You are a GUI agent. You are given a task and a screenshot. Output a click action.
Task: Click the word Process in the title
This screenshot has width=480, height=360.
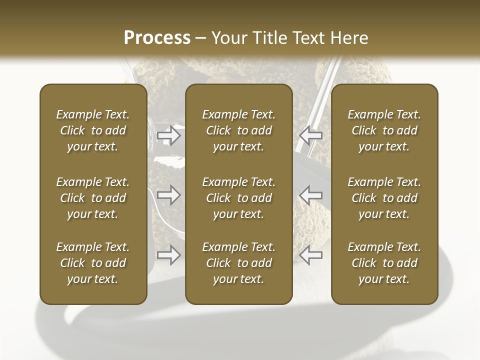[x=157, y=37]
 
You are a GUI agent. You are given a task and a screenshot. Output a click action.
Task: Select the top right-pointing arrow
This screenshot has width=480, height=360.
[x=168, y=135]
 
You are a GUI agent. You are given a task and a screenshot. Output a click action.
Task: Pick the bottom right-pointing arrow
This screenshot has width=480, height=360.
[x=168, y=255]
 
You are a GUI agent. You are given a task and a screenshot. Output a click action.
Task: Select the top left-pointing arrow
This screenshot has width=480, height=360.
[x=311, y=135]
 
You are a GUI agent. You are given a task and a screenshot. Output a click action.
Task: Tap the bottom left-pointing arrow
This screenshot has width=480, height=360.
[x=311, y=255]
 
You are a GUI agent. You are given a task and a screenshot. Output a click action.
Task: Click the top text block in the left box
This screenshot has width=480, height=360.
[x=93, y=130]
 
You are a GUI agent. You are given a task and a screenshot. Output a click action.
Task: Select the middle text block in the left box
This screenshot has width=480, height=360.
[x=93, y=198]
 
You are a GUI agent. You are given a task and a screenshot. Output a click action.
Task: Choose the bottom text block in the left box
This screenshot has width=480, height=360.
[x=93, y=263]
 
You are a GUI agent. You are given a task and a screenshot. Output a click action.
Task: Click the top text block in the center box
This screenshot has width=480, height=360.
[x=238, y=130]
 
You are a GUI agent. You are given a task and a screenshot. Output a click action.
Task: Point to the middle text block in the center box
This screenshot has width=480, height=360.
[x=238, y=198]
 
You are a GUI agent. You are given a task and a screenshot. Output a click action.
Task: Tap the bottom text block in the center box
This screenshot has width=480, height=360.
[x=238, y=263]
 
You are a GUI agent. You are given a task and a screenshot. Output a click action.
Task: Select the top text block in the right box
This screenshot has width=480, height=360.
[x=384, y=130]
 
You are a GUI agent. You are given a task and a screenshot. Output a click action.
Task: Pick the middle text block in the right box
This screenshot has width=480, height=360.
[x=384, y=198]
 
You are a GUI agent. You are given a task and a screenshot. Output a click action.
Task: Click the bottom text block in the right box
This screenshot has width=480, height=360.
[x=384, y=263]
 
